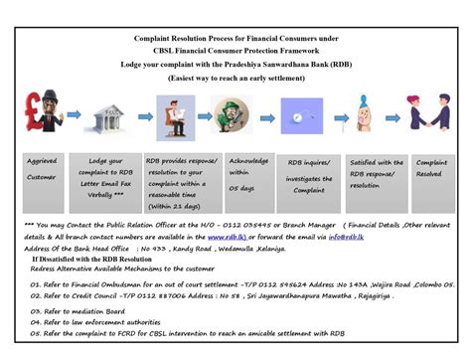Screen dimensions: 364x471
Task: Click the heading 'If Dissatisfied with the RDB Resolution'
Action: [103, 259]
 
